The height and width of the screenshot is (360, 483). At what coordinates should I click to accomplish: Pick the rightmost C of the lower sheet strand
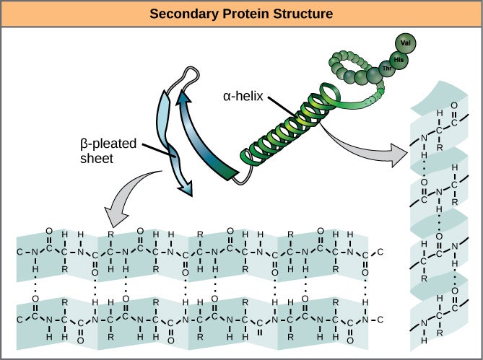click(380, 319)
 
